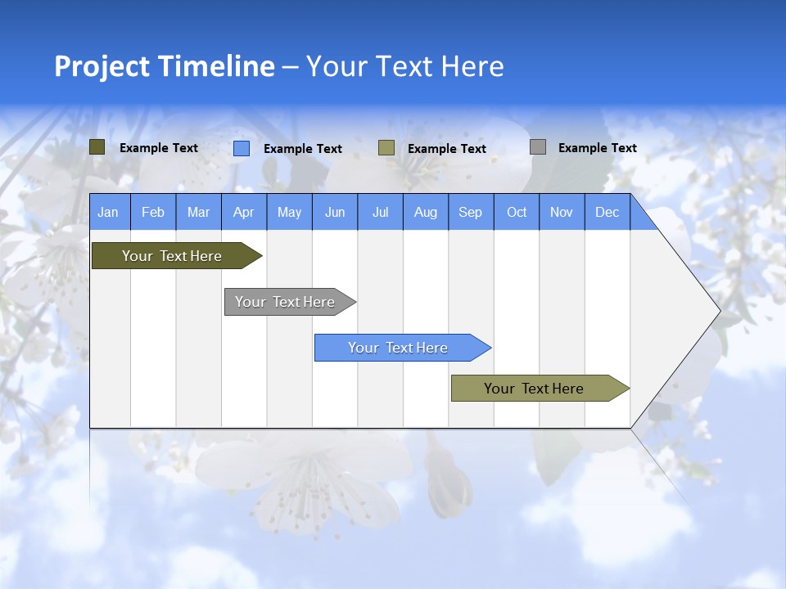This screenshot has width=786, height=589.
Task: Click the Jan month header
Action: (x=108, y=212)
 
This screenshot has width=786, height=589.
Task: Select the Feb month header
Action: (x=153, y=212)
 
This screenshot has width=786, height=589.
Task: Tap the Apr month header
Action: (x=243, y=212)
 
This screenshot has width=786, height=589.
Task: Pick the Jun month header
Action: (x=335, y=212)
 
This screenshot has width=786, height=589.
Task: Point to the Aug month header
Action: (x=425, y=212)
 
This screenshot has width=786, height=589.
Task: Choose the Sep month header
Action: (x=470, y=212)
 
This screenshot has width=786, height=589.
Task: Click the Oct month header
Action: (x=517, y=212)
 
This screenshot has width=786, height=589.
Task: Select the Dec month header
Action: (x=607, y=212)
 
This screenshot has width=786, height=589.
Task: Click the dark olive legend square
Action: (x=97, y=147)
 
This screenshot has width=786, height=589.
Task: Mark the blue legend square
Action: (x=242, y=148)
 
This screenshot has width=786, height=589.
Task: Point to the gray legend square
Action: (x=538, y=147)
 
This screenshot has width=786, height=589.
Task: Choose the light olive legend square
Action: (x=386, y=148)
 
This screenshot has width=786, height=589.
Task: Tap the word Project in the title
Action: (x=102, y=66)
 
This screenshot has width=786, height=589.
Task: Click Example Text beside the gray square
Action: (x=597, y=148)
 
